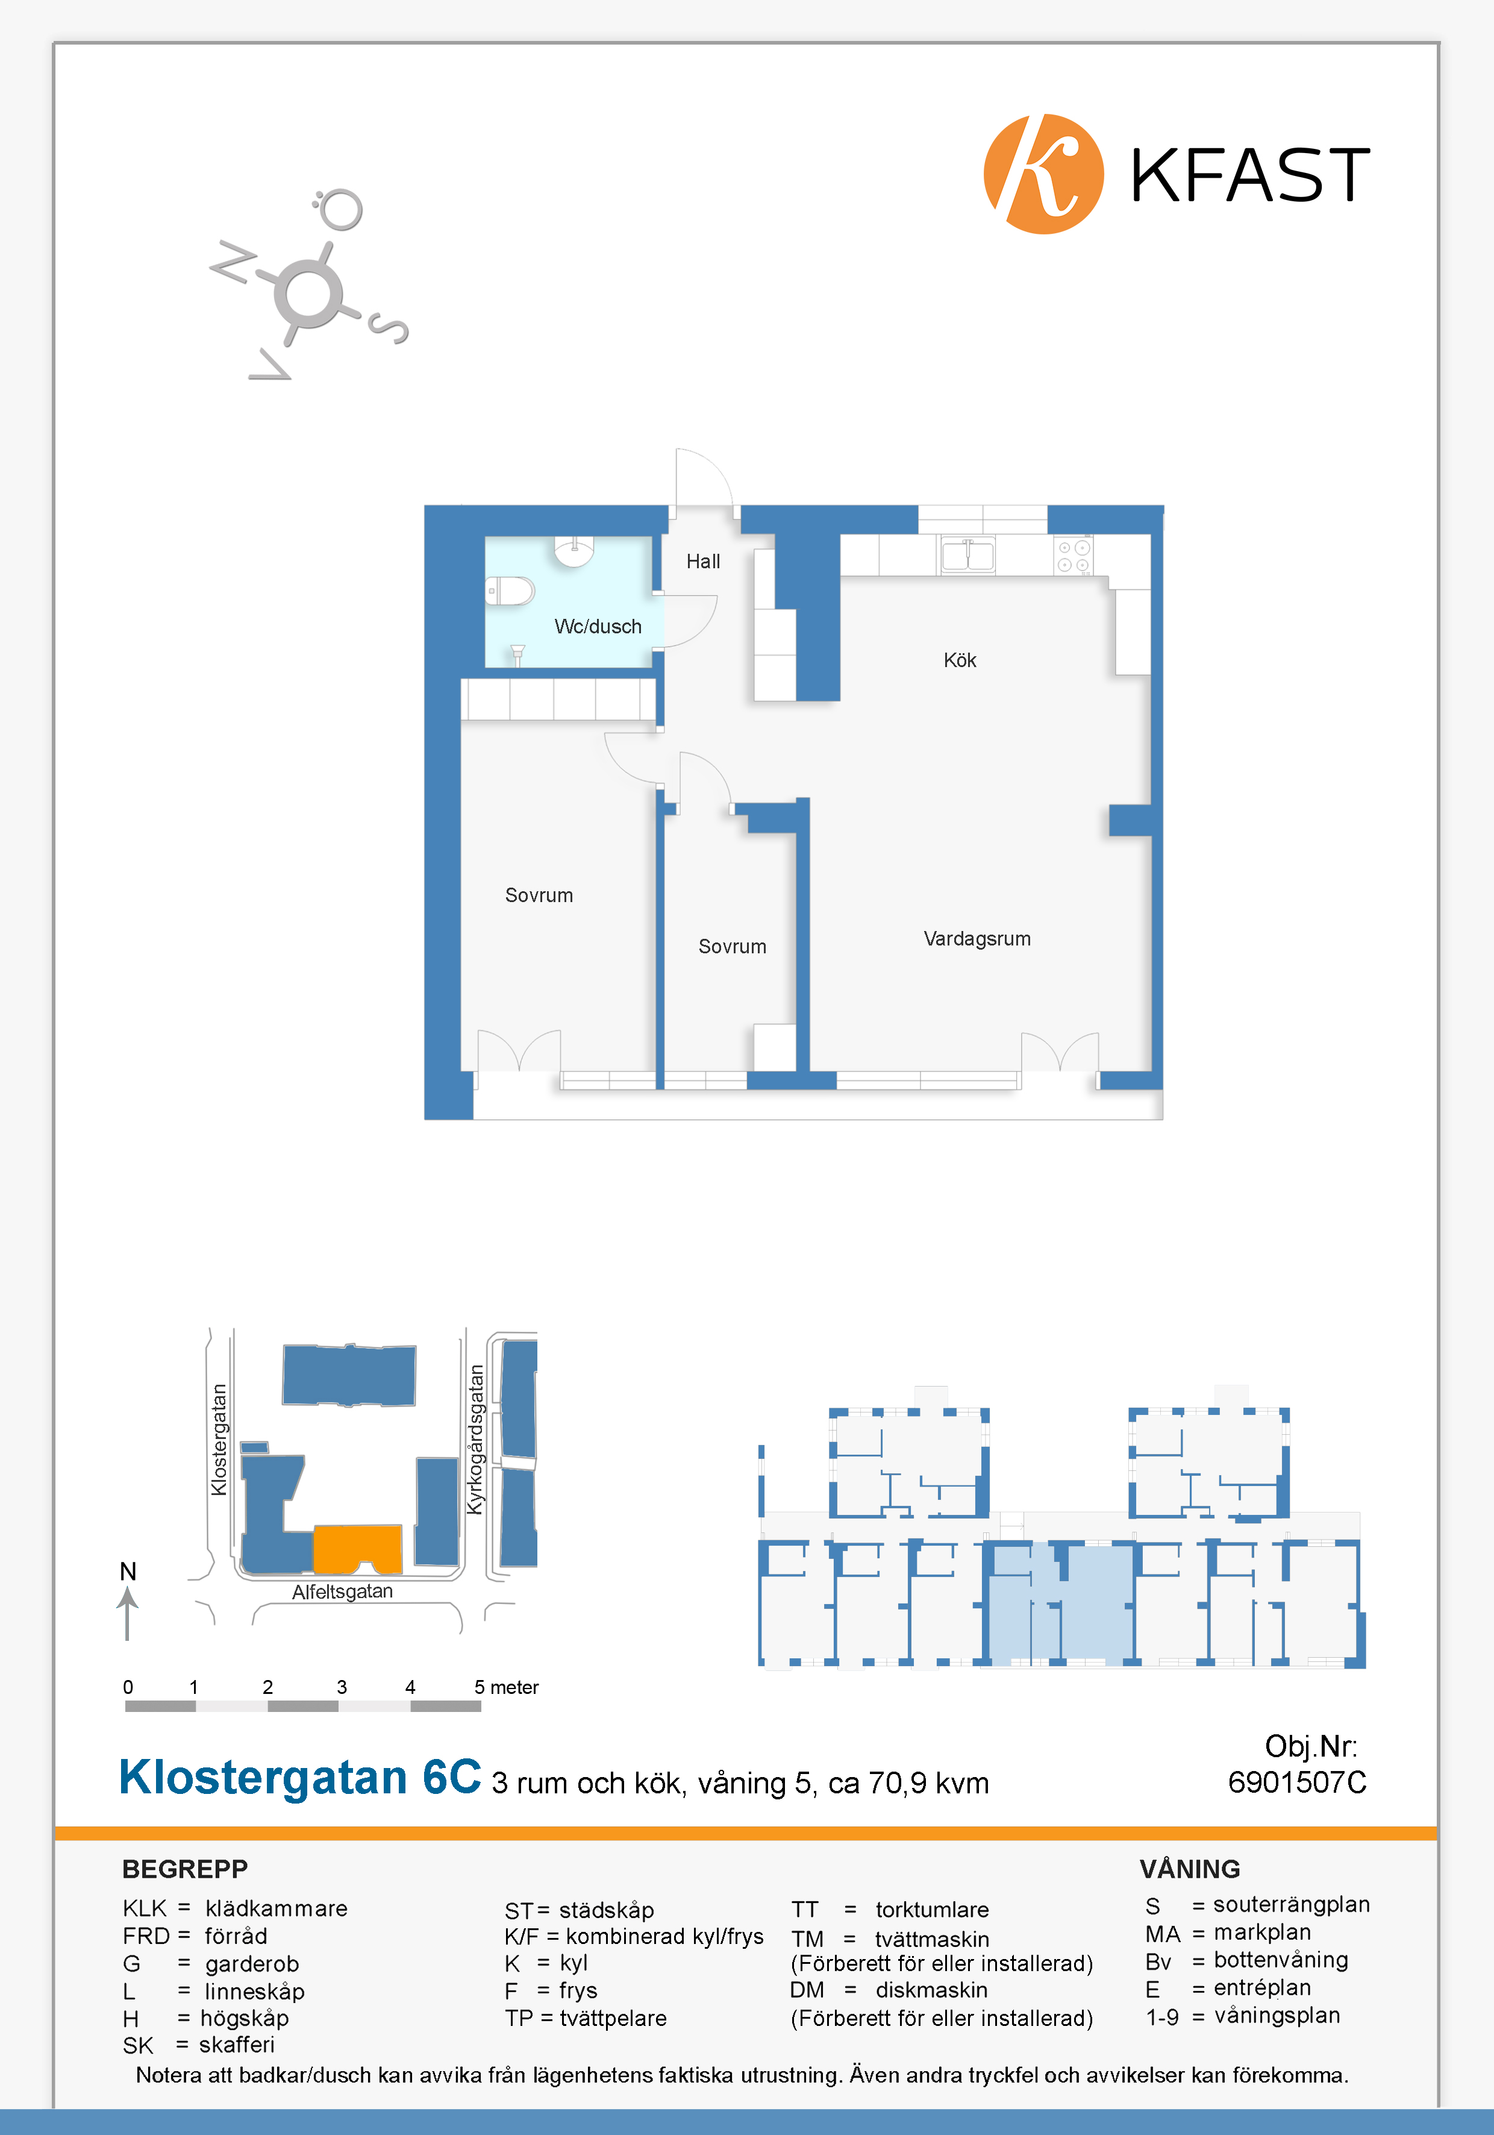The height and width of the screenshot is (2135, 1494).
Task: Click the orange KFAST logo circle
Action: tap(1043, 174)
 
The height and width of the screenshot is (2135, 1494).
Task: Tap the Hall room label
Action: tap(703, 562)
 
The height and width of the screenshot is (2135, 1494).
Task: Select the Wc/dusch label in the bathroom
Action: tap(598, 627)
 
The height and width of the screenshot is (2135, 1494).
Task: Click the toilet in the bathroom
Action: tap(510, 591)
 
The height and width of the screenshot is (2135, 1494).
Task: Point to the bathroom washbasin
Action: tap(574, 551)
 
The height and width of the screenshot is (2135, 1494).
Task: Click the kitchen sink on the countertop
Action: tap(968, 555)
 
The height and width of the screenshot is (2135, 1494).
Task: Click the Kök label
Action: tap(960, 660)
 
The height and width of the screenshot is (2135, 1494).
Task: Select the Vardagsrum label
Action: tap(977, 939)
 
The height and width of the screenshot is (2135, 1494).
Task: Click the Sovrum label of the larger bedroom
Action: tap(539, 895)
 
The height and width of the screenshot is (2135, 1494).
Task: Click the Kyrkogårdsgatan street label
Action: tap(475, 1440)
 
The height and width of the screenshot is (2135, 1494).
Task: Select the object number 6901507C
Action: tap(1297, 1782)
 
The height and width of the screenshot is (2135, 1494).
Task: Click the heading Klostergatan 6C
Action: tap(300, 1777)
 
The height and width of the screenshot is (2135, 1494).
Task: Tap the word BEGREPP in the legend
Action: tap(185, 1869)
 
